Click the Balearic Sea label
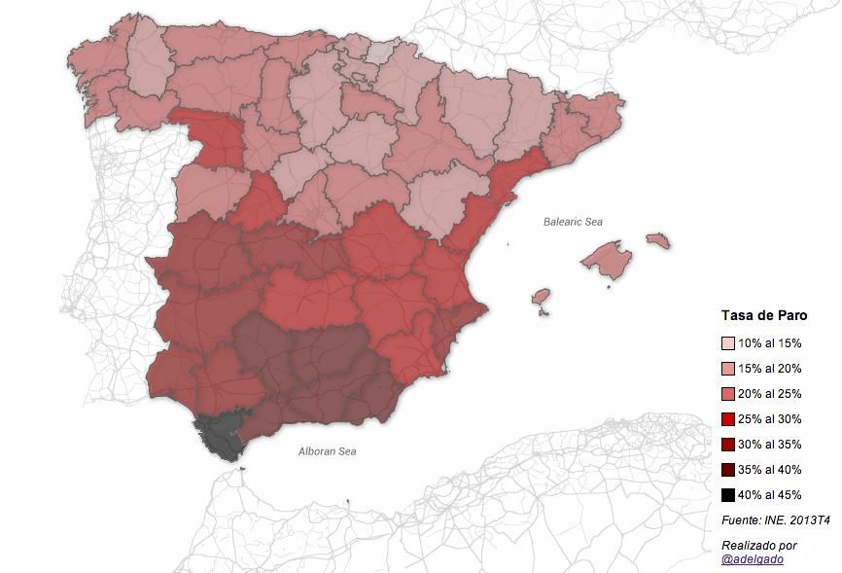click(x=573, y=222)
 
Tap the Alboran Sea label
click(x=327, y=451)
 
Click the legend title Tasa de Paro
click(x=764, y=315)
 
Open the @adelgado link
click(x=753, y=559)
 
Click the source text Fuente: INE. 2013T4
click(x=775, y=520)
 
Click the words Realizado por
click(x=759, y=545)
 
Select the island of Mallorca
click(x=608, y=261)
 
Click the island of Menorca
click(x=658, y=239)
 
